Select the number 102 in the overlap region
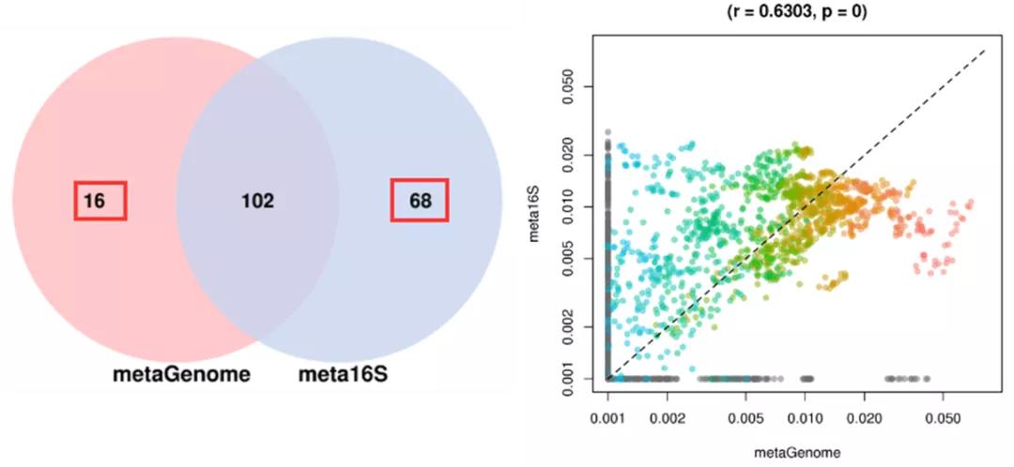tap(256, 201)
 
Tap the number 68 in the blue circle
tap(420, 201)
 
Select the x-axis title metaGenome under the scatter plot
tap(796, 453)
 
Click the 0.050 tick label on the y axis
tap(575, 87)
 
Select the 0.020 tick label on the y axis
tap(575, 155)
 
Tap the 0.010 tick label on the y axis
tap(575, 206)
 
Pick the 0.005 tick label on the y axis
tap(575, 258)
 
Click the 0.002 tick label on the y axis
tap(575, 326)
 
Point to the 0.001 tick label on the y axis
tap(575, 378)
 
